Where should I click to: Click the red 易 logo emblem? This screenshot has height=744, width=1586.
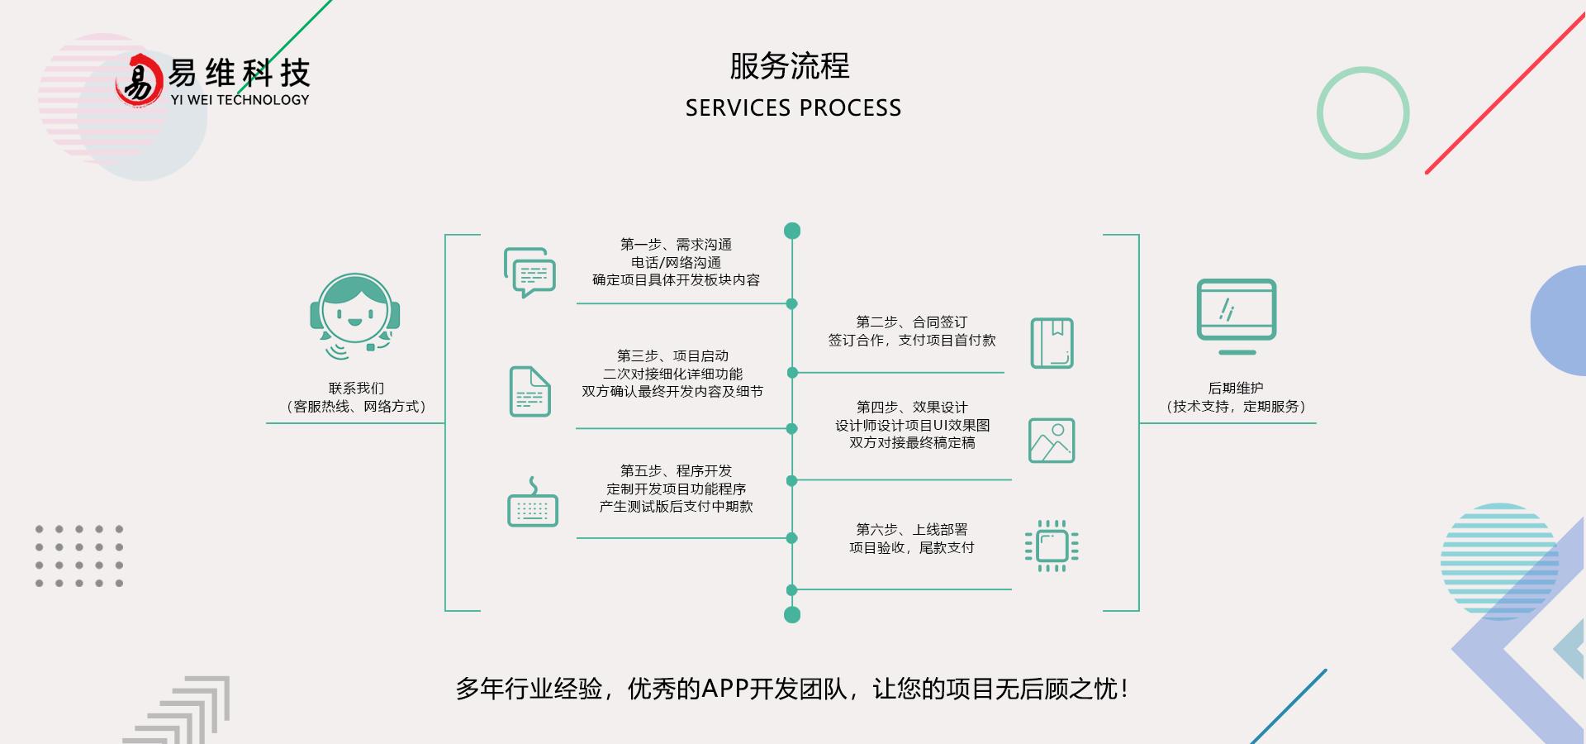(x=138, y=80)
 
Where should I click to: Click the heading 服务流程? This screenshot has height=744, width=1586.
(x=789, y=66)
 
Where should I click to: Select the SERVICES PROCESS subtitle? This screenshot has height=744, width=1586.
(x=793, y=108)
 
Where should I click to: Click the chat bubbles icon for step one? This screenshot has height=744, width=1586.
(x=529, y=272)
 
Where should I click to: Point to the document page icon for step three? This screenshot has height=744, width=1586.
(x=529, y=391)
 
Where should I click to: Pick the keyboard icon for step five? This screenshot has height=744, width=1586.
(x=532, y=503)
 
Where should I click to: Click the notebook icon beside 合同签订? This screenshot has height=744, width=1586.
(x=1052, y=343)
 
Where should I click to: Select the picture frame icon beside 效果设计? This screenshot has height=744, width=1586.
(x=1051, y=441)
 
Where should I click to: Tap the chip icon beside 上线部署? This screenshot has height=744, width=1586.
(x=1052, y=546)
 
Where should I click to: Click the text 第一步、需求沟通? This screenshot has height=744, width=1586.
(x=676, y=245)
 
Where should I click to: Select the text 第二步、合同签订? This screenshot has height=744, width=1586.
(x=911, y=322)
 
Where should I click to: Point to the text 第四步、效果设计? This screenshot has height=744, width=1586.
(x=911, y=408)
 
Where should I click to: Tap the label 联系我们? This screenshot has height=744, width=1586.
(x=356, y=389)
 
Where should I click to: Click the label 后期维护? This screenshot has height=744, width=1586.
(x=1235, y=389)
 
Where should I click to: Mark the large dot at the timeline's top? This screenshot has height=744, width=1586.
(x=792, y=231)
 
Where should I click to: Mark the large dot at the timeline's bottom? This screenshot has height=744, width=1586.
(x=792, y=614)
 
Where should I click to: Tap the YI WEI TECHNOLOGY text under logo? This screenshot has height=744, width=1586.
(x=240, y=100)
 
